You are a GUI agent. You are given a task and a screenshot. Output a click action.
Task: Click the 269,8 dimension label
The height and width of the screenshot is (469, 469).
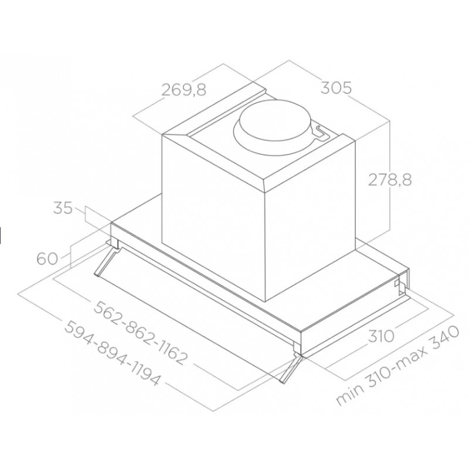click(184, 90)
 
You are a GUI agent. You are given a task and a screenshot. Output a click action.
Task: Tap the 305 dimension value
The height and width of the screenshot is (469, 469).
click(336, 88)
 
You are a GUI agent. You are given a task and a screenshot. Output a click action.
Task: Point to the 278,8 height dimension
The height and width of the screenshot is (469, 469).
click(390, 180)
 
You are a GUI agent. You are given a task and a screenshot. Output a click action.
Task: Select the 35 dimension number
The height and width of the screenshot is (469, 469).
click(63, 208)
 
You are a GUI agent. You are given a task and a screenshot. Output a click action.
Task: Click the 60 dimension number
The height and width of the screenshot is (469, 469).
click(47, 259)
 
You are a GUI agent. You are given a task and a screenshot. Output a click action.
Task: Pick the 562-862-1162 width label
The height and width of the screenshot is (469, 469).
click(141, 332)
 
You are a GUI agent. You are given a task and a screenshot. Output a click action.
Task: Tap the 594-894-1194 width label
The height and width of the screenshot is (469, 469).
click(112, 354)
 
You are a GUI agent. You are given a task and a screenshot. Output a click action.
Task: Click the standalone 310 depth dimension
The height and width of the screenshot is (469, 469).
click(381, 336)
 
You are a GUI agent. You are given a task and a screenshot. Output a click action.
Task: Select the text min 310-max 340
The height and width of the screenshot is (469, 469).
click(397, 365)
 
